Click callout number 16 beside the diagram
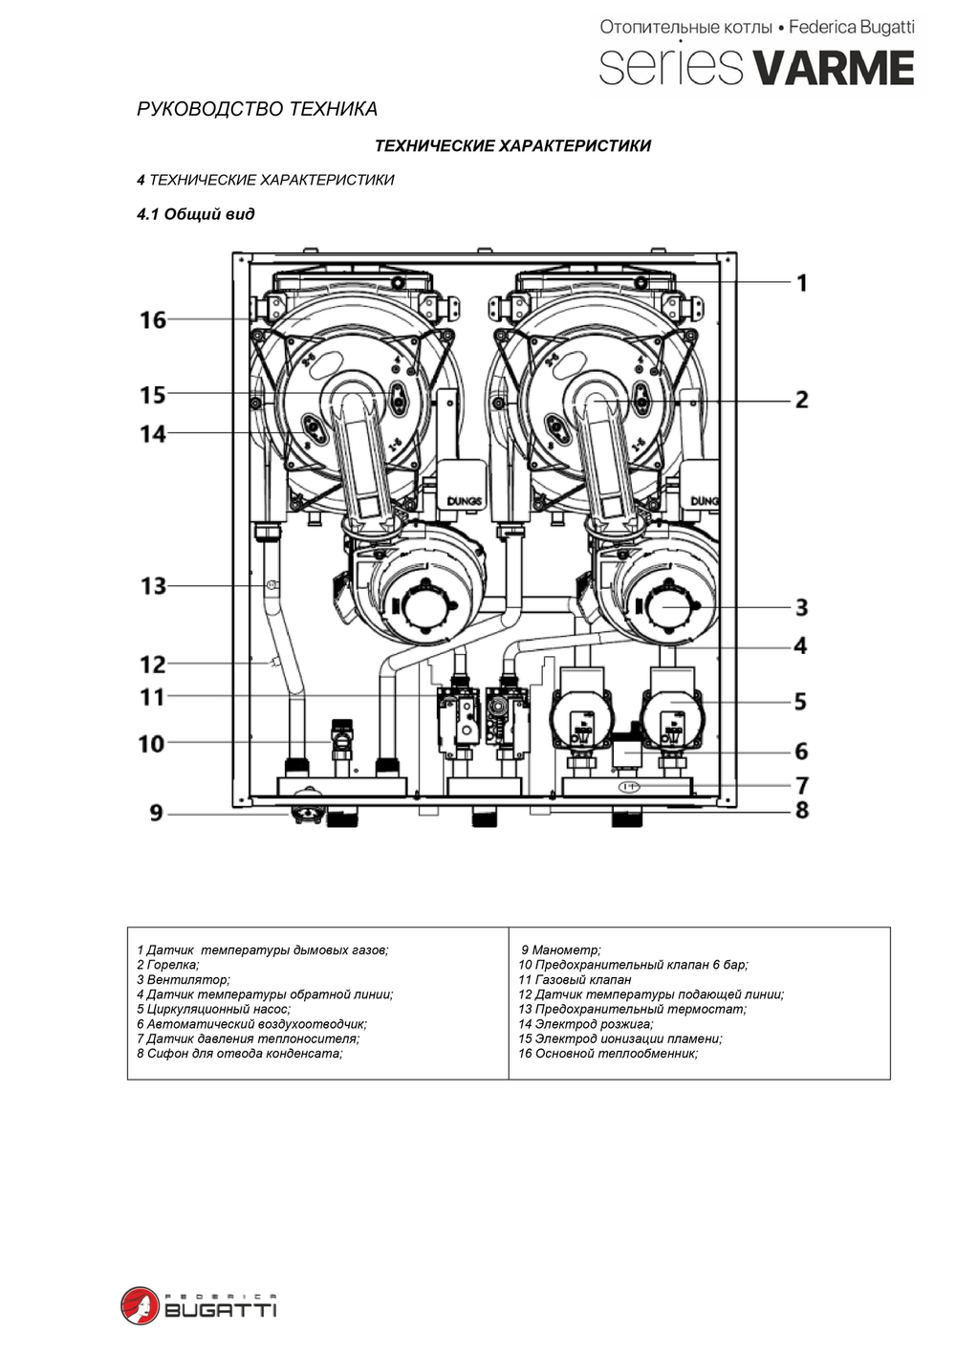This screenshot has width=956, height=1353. click(x=153, y=320)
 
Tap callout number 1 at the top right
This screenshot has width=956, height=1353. click(x=801, y=283)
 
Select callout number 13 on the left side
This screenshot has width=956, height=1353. click(x=153, y=586)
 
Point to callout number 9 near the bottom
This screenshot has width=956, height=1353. click(x=156, y=814)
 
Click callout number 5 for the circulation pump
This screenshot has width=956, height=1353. click(x=800, y=702)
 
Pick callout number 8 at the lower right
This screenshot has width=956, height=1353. click(x=801, y=810)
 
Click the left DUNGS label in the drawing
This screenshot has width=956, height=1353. click(x=465, y=501)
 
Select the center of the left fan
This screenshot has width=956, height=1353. click(x=421, y=607)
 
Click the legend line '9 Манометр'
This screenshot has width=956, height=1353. click(x=561, y=950)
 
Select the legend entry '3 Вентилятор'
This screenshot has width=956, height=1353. click(x=184, y=980)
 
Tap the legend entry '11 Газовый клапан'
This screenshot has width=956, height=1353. click(x=575, y=980)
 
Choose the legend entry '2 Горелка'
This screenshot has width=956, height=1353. click(x=168, y=966)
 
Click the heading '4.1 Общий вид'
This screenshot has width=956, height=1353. click(x=196, y=214)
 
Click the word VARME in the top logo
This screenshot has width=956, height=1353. click(x=833, y=68)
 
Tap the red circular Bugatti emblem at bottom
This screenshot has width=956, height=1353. click(x=140, y=1305)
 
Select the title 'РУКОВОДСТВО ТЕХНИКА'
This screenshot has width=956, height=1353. click(x=257, y=110)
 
